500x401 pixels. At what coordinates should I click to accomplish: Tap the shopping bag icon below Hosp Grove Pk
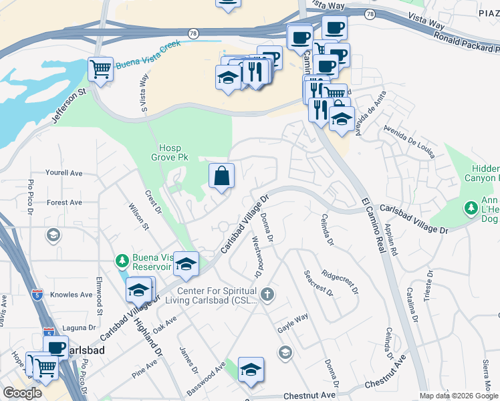[x=221, y=176]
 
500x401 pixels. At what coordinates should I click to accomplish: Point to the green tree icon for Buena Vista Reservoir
[x=122, y=259]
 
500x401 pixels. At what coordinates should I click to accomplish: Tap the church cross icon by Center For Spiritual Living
[x=267, y=294]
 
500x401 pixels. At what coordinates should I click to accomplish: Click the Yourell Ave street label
[x=64, y=172]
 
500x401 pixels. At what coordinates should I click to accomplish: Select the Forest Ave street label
[x=64, y=203]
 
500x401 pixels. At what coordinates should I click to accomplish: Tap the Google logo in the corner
[x=22, y=393]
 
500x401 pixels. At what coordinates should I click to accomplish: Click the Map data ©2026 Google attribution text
[x=458, y=396]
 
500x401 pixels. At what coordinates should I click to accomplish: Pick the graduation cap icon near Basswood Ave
[x=251, y=370]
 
